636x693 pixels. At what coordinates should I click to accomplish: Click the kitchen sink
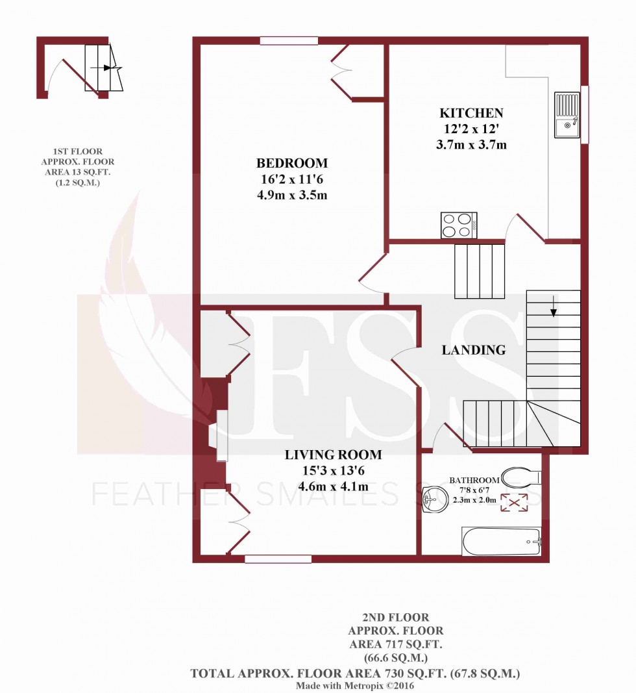pos(567,115)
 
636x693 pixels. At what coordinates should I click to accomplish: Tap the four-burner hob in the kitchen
pos(459,225)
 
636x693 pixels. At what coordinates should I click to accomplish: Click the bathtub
pos(500,541)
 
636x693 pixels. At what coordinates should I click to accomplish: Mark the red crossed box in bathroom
pos(513,502)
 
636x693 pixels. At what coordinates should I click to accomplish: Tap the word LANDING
pos(473,350)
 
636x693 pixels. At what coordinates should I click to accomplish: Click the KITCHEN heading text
pos(471,113)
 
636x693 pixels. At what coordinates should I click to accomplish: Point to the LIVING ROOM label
pos(334,455)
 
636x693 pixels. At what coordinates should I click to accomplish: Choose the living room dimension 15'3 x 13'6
pos(334,471)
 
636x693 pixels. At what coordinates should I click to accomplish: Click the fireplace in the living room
pos(219,436)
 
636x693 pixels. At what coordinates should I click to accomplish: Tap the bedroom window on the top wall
pos(289,41)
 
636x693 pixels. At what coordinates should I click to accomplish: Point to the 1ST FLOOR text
pos(70,151)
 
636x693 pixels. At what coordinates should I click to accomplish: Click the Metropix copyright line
pos(354,685)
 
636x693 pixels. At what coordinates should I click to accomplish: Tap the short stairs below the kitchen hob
pos(480,270)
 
